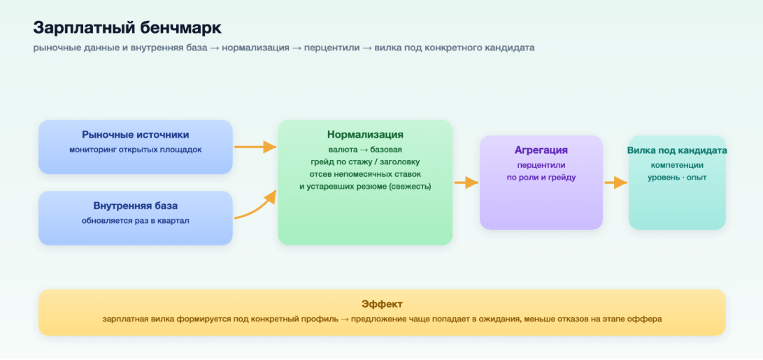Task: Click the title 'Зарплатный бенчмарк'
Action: (x=127, y=28)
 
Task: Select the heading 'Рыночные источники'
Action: (x=135, y=135)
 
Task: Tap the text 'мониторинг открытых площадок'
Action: (x=135, y=150)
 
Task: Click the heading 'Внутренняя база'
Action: (x=135, y=206)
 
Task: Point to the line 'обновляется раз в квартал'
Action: (x=135, y=221)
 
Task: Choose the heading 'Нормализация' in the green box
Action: (x=365, y=134)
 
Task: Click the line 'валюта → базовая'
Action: (x=365, y=150)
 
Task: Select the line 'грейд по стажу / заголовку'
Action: (x=365, y=161)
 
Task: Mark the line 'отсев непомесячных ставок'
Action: (x=365, y=174)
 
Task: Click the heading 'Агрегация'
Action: (x=541, y=150)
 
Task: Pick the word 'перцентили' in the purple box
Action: (x=541, y=166)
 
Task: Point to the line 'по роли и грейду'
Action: (x=541, y=178)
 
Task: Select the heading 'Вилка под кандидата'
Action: (x=677, y=150)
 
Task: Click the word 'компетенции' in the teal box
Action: (x=677, y=166)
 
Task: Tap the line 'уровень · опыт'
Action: (x=677, y=178)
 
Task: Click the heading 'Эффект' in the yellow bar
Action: (x=382, y=304)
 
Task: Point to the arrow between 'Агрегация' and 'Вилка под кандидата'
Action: (x=615, y=182)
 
